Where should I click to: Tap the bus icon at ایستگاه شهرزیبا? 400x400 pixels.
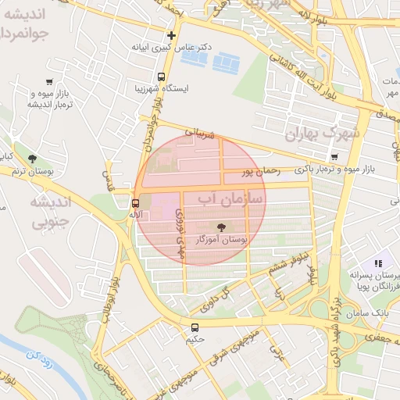(x=161, y=77)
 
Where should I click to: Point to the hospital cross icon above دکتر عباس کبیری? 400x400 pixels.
(x=171, y=35)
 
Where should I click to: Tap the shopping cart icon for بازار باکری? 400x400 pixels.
(x=334, y=156)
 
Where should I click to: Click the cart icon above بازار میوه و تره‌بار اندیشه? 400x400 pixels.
(x=49, y=81)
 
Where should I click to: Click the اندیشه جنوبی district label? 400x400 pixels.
(x=50, y=212)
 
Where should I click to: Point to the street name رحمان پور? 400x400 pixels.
(x=259, y=170)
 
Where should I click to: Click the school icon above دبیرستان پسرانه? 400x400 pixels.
(x=378, y=264)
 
